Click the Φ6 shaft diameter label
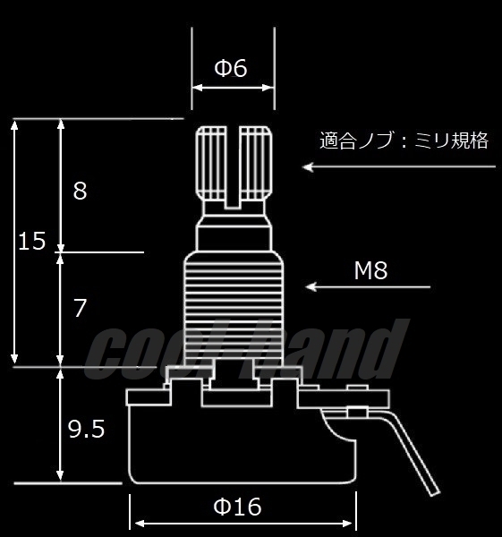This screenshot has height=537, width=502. (x=231, y=68)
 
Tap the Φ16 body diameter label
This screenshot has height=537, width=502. (x=237, y=507)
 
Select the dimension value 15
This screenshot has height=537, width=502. (x=31, y=241)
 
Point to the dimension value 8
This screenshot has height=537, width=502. (x=80, y=191)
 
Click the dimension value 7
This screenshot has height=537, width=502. (x=80, y=309)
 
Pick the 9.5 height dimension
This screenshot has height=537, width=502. (x=87, y=430)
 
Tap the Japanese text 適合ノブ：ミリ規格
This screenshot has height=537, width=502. (x=404, y=141)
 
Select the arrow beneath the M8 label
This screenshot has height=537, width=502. (x=368, y=287)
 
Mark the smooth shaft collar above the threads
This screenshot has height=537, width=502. (x=233, y=234)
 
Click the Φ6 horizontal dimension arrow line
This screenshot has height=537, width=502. (x=232, y=87)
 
